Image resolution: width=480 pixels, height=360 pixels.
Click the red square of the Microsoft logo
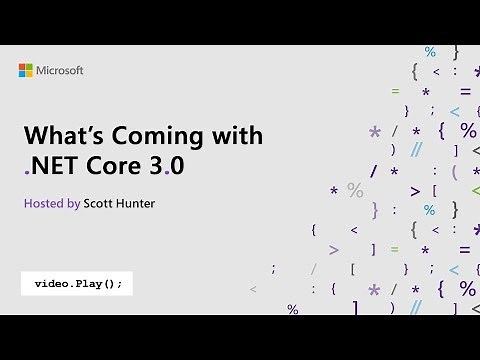point(23,67)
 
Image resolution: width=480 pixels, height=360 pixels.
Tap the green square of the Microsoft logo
point(30,67)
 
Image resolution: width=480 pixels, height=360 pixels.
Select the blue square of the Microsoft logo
point(23,74)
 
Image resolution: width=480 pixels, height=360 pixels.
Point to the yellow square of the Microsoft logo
point(30,74)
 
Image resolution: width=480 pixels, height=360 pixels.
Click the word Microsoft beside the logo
point(61,71)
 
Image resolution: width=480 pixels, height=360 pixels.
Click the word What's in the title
point(58,136)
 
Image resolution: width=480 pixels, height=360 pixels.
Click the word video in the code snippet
point(52,283)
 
